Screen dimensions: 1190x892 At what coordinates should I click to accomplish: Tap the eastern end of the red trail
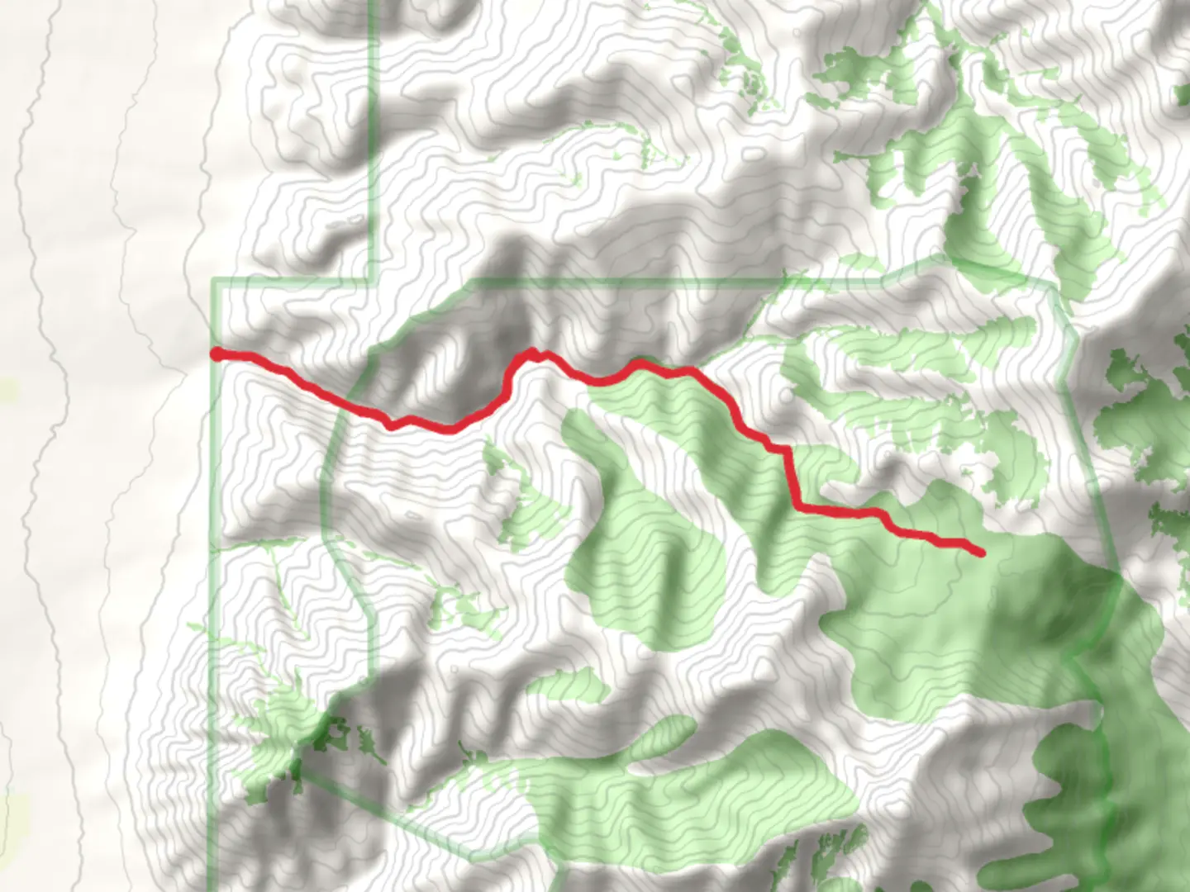tap(981, 553)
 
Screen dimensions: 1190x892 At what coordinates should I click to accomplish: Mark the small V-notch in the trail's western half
tap(390, 425)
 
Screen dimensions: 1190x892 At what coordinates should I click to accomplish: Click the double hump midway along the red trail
tap(535, 354)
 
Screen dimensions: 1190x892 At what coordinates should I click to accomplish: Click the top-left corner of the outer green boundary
tap(215, 282)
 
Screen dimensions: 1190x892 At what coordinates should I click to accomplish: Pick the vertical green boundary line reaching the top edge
tap(372, 124)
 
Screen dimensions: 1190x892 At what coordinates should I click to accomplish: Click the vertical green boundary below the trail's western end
tap(213, 578)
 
